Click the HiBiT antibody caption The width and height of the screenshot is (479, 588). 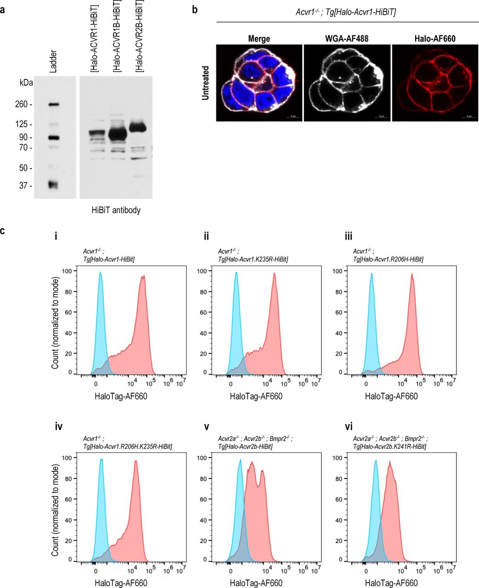pos(116,210)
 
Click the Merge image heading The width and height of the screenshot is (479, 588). pos(259,39)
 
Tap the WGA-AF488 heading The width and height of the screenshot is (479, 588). pos(347,39)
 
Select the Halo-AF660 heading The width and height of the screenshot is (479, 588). pos(434,39)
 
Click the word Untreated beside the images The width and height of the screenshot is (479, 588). pos(206,83)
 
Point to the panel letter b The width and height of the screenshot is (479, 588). pos(195,8)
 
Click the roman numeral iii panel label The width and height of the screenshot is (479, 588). pos(356,237)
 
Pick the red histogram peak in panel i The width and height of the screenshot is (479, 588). pos(143,276)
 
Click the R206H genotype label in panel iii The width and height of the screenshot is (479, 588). pos(388,260)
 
